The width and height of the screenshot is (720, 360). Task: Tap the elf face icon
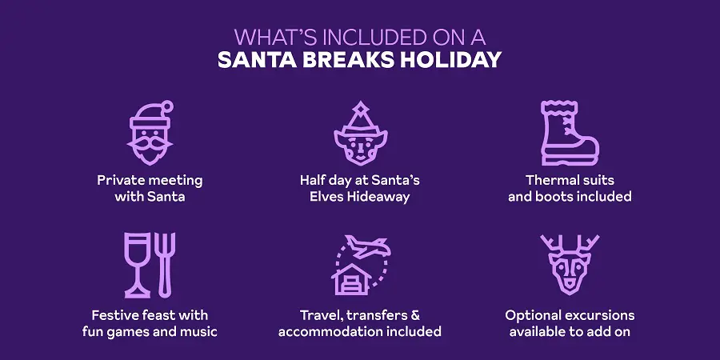[360, 136]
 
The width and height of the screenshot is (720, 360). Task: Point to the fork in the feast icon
[166, 263]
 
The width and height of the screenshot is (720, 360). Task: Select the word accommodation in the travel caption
[330, 331]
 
